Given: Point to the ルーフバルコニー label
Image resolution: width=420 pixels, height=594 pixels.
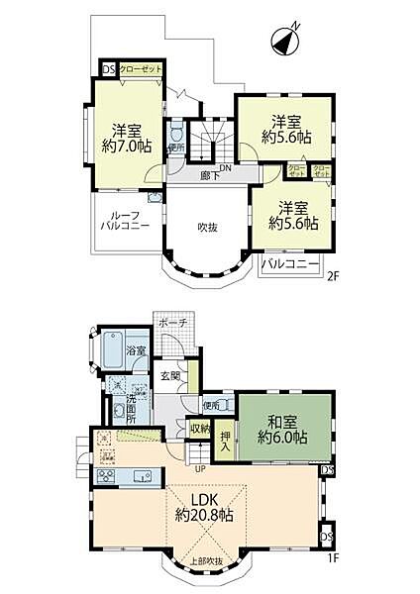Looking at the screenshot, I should [x=124, y=220].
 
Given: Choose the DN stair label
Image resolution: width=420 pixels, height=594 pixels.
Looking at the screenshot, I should [x=226, y=167].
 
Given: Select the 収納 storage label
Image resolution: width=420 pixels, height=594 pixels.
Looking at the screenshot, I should [x=200, y=429].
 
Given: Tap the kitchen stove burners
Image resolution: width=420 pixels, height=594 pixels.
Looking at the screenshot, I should [x=106, y=458].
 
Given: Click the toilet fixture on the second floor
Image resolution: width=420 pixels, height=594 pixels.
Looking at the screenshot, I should [x=175, y=132].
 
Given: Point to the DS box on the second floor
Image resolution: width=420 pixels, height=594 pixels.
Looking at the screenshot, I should [x=107, y=70].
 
